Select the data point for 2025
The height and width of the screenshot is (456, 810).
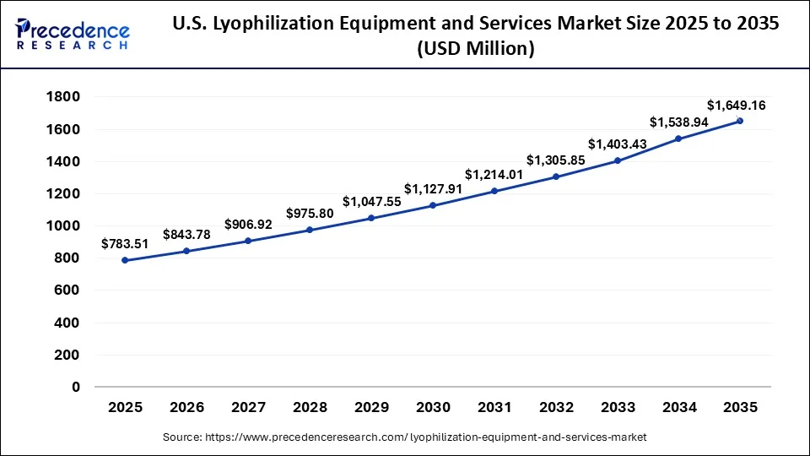pos(125,260)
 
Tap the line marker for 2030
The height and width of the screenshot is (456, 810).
pos(433,205)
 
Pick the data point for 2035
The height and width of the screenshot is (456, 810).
pos(740,121)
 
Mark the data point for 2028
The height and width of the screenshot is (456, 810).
pos(310,230)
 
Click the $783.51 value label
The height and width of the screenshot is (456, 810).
pos(125,244)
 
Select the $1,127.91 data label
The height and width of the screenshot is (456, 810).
pos(432,188)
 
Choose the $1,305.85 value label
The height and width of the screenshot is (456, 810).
pos(555,160)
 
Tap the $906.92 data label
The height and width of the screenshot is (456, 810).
pos(248,225)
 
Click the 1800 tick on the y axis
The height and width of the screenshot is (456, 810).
pos(64,97)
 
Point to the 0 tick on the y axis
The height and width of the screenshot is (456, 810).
pos(75,388)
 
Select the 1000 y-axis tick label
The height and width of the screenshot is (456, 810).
pos(64,226)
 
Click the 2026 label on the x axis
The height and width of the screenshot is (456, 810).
pos(186,407)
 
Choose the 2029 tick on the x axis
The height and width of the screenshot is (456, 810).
pos(371,407)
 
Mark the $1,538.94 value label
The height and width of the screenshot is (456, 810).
pos(678,122)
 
